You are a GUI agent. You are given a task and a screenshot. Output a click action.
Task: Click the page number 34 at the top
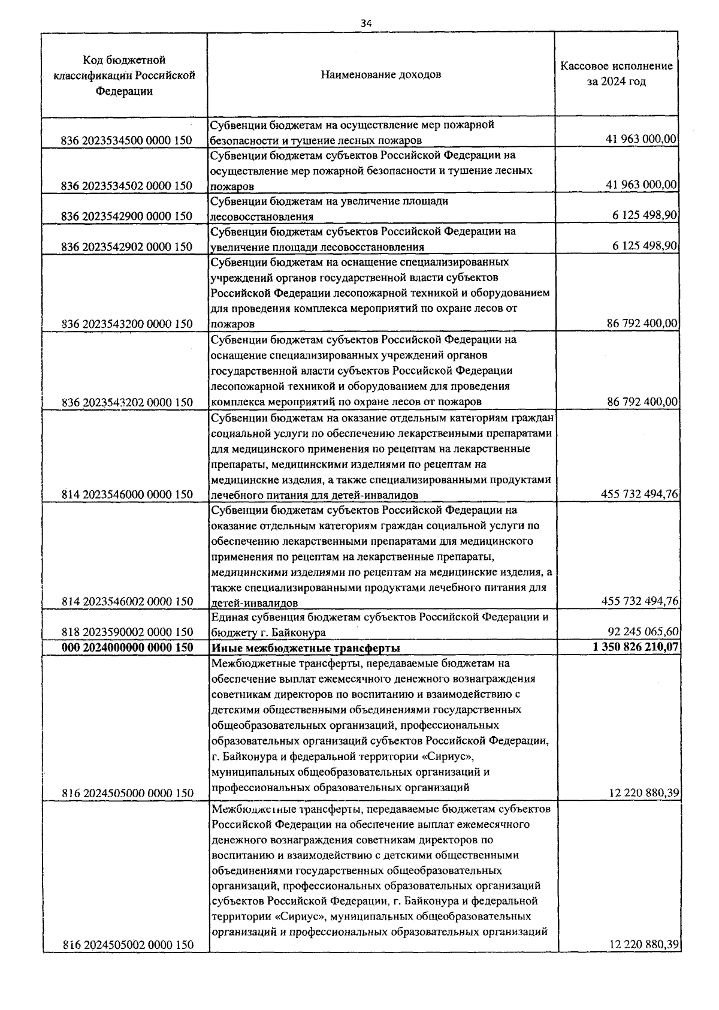(x=366, y=23)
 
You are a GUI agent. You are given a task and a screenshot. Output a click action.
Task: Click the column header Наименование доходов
(x=380, y=75)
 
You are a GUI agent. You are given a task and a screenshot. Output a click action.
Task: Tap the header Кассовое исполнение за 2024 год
(x=616, y=74)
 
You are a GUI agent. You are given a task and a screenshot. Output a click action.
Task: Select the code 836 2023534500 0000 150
(x=127, y=141)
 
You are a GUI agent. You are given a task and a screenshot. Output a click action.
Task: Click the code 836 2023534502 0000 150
(x=127, y=186)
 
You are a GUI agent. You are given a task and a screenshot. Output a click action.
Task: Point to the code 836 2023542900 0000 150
(x=127, y=216)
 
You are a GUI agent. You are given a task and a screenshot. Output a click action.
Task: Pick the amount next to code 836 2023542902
(x=645, y=246)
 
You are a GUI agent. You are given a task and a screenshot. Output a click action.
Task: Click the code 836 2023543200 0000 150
(x=127, y=324)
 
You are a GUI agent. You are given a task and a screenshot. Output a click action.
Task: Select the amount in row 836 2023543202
(x=642, y=402)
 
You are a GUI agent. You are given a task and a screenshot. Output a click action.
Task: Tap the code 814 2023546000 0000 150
(x=127, y=495)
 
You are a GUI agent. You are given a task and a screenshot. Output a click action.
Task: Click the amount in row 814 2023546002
(x=639, y=601)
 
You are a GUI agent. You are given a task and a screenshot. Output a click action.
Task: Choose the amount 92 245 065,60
(x=642, y=632)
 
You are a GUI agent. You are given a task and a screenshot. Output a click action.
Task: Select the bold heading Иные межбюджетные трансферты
(x=306, y=648)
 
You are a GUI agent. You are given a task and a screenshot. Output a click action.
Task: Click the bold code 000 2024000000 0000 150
(x=127, y=648)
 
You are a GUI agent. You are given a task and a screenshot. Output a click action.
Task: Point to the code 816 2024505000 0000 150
(x=127, y=793)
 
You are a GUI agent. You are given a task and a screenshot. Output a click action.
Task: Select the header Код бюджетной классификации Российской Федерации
(x=125, y=76)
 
